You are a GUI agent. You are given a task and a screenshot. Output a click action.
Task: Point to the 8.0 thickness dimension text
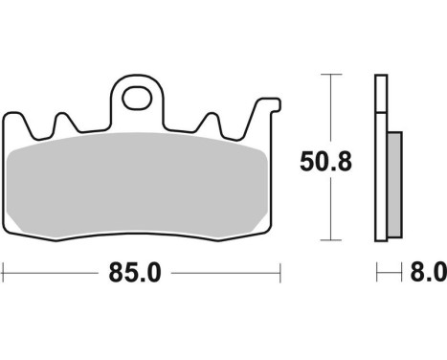429,274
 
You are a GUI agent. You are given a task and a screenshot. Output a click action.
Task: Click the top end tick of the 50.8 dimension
330,75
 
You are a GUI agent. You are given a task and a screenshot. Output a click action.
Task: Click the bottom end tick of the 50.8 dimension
330,239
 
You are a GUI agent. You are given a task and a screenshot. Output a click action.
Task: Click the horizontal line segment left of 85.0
53,273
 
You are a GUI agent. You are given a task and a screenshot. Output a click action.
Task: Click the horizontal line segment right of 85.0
230,273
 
